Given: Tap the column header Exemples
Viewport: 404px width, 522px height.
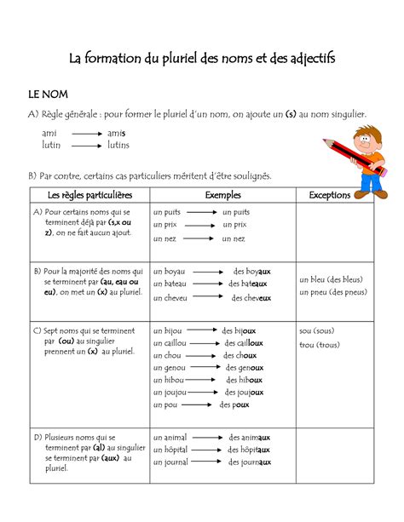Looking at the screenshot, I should click(223, 195).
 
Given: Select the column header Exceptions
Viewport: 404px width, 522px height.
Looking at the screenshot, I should click(330, 195).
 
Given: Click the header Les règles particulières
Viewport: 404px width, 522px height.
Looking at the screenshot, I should click(89, 195).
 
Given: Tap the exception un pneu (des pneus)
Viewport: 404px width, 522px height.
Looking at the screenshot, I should click(333, 292).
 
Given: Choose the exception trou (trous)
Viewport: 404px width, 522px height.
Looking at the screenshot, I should click(320, 345).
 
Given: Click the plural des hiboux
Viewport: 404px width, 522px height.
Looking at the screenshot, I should click(244, 380).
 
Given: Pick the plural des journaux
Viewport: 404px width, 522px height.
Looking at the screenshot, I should click(249, 462).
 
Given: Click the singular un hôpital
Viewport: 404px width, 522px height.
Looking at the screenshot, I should click(170, 450).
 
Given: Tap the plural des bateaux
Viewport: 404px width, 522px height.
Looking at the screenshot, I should click(249, 284).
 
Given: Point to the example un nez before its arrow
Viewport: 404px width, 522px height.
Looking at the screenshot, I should click(164, 239).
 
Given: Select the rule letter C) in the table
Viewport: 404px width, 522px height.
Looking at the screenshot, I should click(38, 329).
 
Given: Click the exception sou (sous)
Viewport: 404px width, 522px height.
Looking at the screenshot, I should click(316, 330).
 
